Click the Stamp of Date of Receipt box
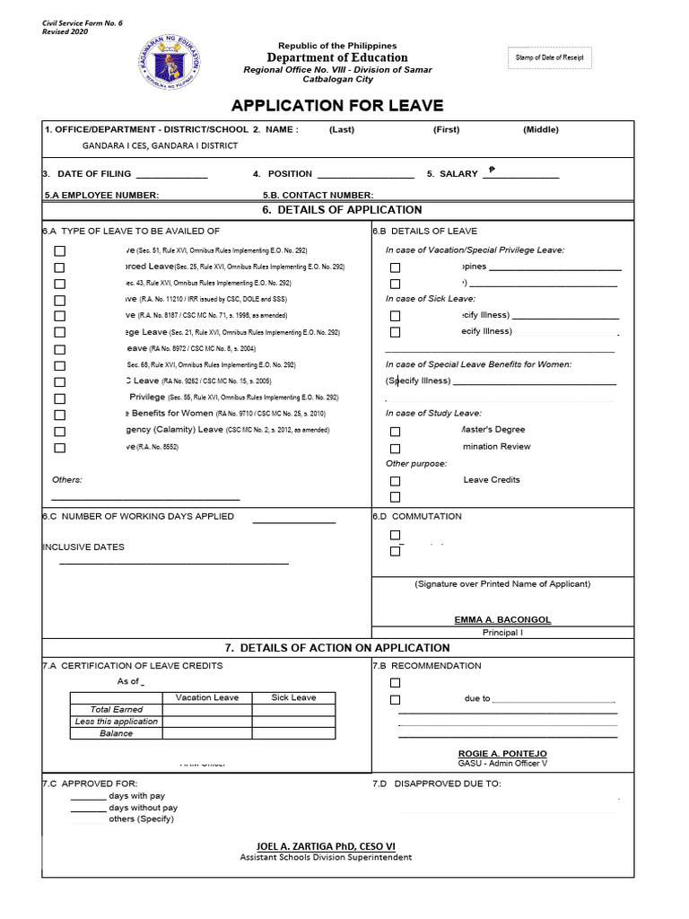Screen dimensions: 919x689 coord(549,58)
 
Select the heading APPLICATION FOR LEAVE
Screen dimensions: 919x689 coord(337,106)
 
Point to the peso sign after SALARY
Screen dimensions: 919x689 coord(492,170)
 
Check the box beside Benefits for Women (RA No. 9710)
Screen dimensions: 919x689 coord(60,415)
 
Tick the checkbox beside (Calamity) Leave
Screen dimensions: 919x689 coord(60,431)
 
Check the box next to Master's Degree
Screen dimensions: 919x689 coord(395,431)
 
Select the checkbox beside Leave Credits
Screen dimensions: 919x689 coord(395,481)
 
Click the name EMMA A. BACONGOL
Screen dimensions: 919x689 coord(502,619)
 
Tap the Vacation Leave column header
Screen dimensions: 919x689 coord(206,697)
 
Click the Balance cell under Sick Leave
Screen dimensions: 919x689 coord(293,733)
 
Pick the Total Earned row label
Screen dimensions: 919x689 coord(117,709)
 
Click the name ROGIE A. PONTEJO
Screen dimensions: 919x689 coord(502,753)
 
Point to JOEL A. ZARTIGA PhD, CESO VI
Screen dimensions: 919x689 coord(326,845)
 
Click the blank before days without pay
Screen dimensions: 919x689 coord(87,809)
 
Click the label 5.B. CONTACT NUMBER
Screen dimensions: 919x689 coord(318,195)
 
